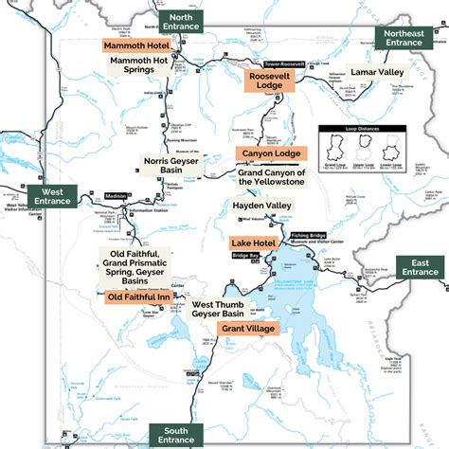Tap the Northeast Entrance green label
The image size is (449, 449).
403,37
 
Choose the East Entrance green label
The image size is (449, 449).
419,267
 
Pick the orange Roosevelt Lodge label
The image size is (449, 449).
269,80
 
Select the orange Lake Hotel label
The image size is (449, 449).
253,243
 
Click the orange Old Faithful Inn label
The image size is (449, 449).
140,296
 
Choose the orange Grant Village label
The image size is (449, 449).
247,328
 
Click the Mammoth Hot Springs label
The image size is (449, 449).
145,68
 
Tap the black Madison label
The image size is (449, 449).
116,196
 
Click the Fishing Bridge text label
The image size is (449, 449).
307,235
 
